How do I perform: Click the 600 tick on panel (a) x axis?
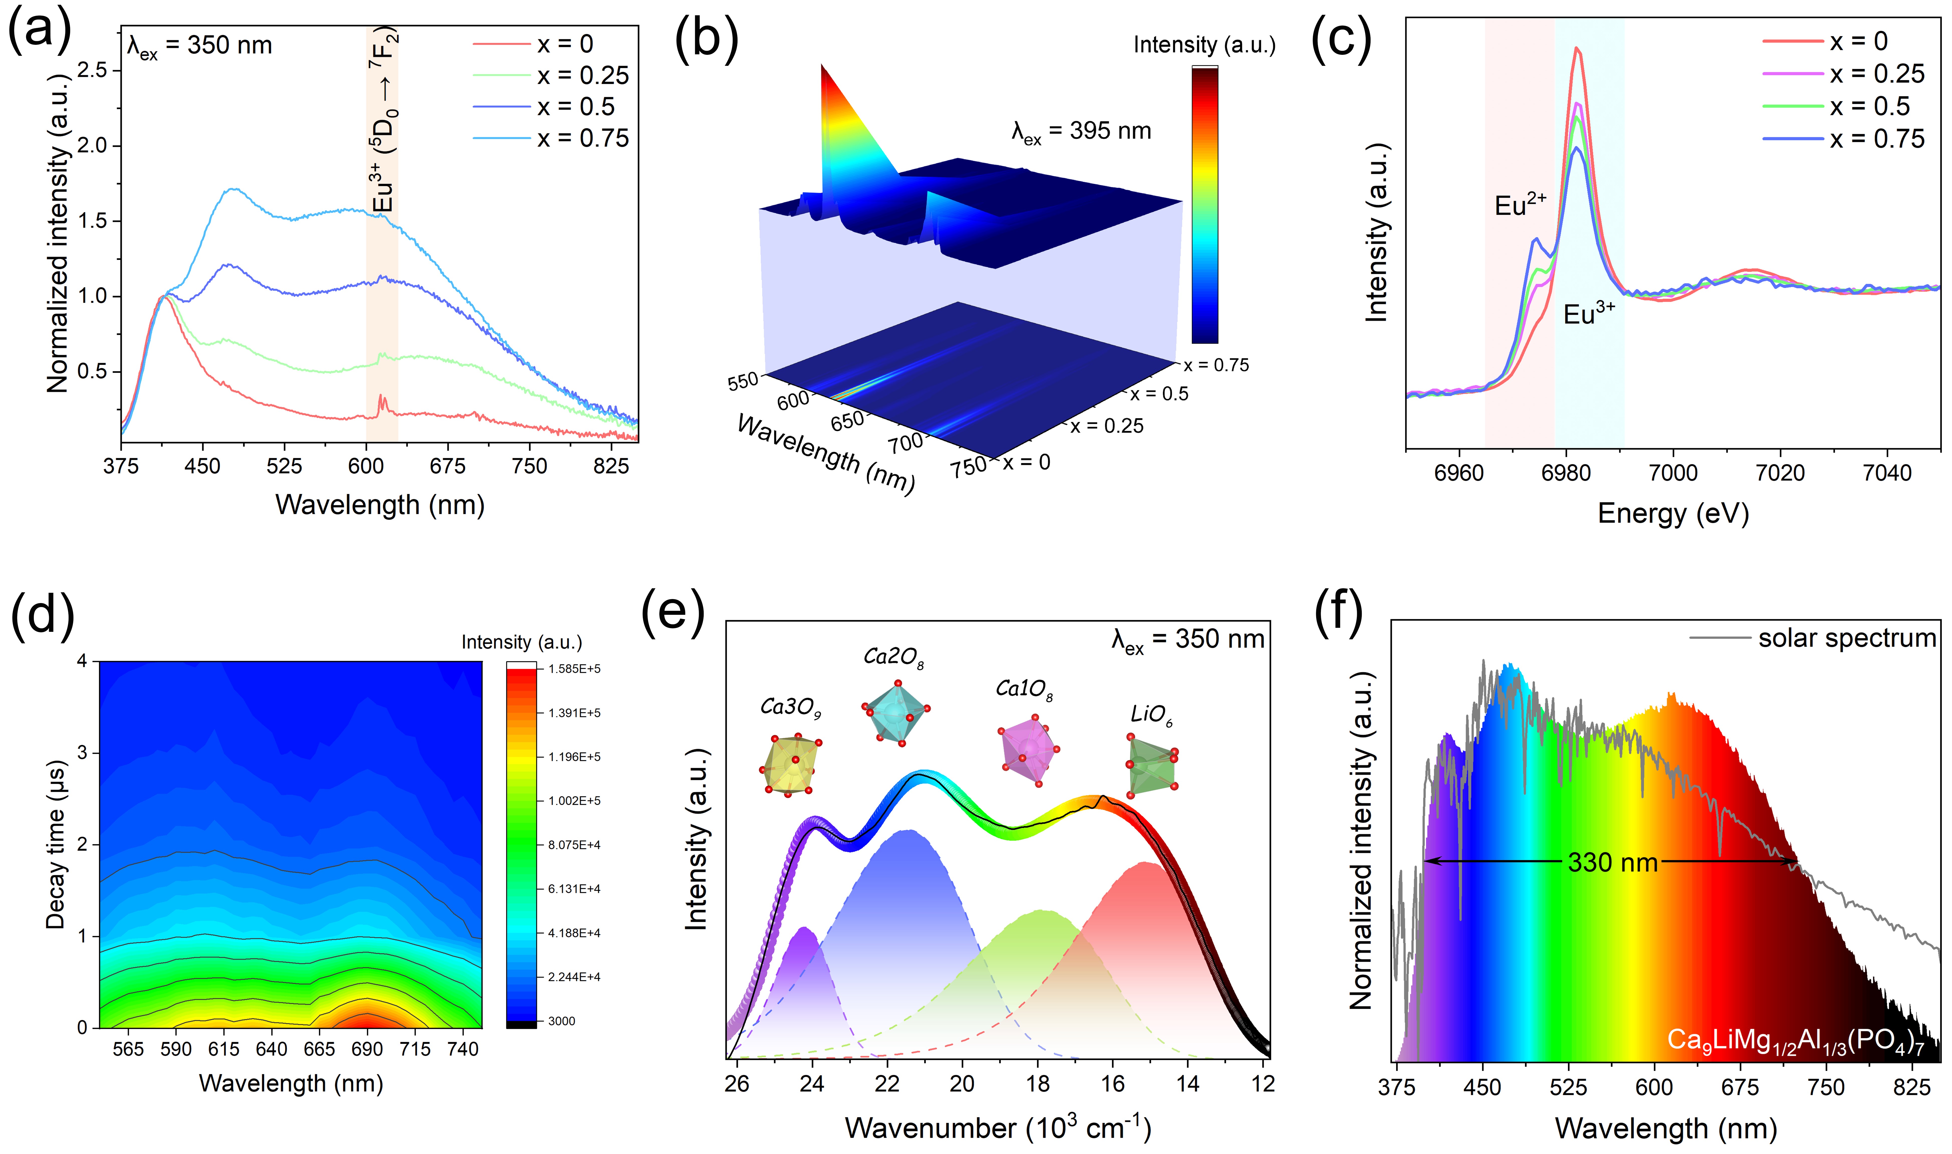(x=366, y=466)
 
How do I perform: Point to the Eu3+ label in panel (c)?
(x=1589, y=313)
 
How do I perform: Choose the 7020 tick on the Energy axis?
(x=1780, y=472)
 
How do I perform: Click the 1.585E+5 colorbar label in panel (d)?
(x=574, y=669)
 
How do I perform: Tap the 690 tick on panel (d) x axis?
(x=367, y=1049)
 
